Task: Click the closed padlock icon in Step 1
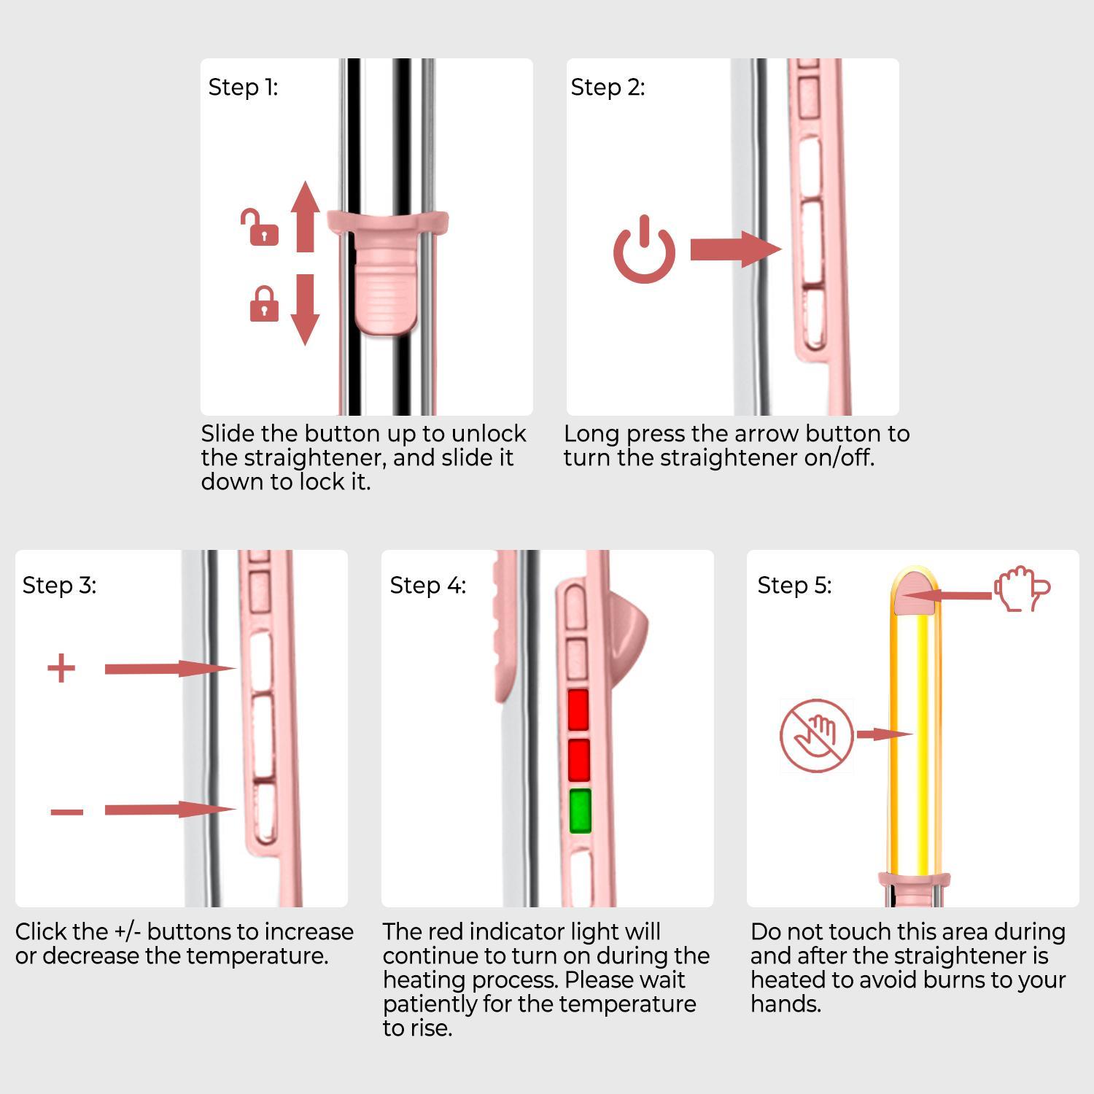264,305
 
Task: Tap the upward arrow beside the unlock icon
306,217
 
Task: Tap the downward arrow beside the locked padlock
306,309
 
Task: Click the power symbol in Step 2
644,250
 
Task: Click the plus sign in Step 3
61,668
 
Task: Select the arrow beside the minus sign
169,810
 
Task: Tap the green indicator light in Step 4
580,811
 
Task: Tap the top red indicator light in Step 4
578,710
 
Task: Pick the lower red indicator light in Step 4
578,760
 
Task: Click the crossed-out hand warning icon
816,735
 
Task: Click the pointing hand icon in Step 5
1021,589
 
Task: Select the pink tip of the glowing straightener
914,591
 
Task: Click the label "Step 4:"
427,585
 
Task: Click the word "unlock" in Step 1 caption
488,433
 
